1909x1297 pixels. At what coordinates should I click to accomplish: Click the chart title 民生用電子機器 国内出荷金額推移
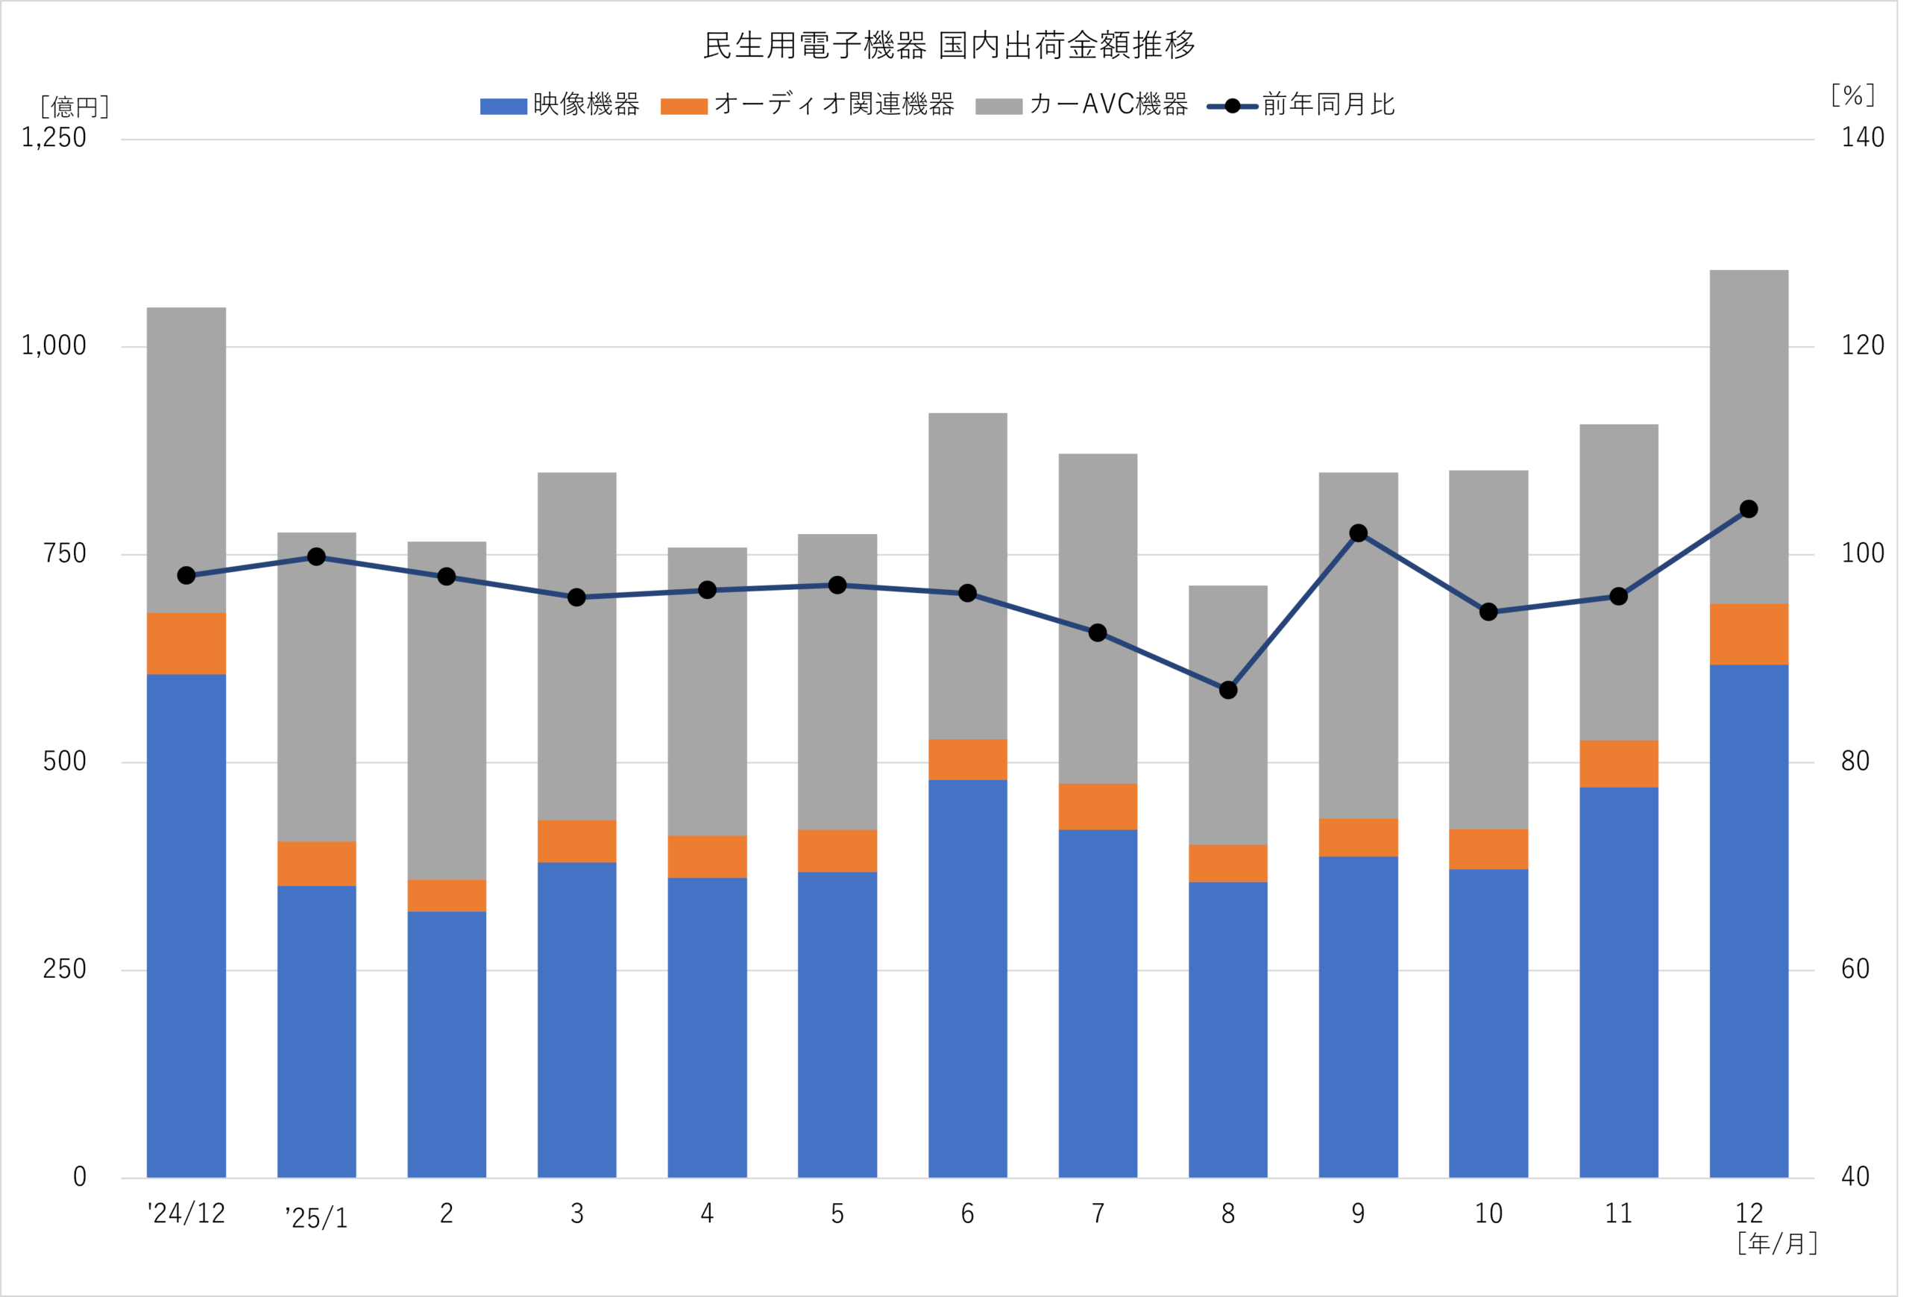coord(949,45)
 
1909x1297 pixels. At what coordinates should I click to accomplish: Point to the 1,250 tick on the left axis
coord(54,137)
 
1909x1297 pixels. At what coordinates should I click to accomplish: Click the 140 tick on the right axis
coord(1863,137)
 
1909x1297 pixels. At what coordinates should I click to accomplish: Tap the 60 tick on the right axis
coord(1855,970)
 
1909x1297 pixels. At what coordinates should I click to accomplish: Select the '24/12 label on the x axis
coord(186,1213)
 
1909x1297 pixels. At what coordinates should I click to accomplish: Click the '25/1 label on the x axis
coord(316,1216)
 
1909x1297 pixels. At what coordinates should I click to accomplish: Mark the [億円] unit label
coord(75,107)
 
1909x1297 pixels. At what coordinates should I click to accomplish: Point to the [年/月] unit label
coord(1778,1243)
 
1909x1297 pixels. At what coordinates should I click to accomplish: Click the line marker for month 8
coord(1228,690)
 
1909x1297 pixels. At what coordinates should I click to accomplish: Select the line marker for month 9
coord(1359,533)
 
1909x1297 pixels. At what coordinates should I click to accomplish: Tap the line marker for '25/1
coord(316,557)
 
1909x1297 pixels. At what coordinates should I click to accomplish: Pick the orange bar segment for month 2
coord(447,895)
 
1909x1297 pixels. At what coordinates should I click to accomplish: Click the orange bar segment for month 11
coord(1618,764)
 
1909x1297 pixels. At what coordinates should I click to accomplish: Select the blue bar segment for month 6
coord(968,978)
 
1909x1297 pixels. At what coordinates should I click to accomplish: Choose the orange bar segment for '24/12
coord(186,643)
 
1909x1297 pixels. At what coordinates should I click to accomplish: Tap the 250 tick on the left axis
coord(64,970)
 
